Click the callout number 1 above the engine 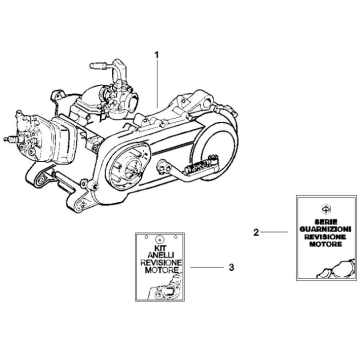point(155,51)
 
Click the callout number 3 point(203,268)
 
